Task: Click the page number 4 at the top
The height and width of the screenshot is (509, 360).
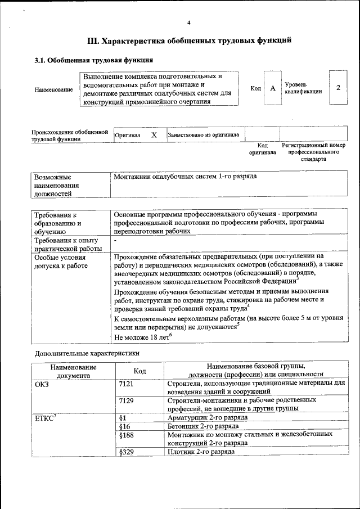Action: point(189,22)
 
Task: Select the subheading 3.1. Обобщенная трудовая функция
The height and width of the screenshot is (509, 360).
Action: point(94,60)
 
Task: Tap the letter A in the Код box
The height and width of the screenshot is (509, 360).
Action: point(272,88)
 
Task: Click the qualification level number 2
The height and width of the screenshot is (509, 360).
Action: point(338,88)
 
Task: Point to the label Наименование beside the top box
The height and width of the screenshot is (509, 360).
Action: point(53,89)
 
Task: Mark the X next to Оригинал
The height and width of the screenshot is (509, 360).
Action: point(154,136)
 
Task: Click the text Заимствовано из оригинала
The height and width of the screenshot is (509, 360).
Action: point(203,135)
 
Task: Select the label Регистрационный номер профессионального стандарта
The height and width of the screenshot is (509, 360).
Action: point(313,152)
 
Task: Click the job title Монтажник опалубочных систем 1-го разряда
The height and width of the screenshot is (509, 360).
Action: point(185,177)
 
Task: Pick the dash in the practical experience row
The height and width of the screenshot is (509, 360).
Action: point(115,240)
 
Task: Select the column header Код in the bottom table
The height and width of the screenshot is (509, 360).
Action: point(139,371)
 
